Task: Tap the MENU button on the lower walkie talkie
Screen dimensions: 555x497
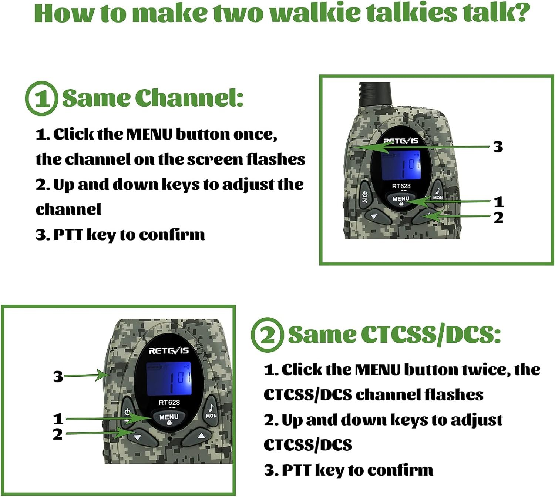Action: point(169,418)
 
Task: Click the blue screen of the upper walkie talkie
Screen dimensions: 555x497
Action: point(401,165)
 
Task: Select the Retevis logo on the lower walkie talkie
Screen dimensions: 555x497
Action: point(169,351)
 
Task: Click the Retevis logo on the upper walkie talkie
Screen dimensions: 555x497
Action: point(400,141)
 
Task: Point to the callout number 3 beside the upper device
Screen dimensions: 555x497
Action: point(498,147)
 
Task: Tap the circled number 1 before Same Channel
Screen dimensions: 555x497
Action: point(42,98)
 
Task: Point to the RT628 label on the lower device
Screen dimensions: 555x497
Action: point(169,403)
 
